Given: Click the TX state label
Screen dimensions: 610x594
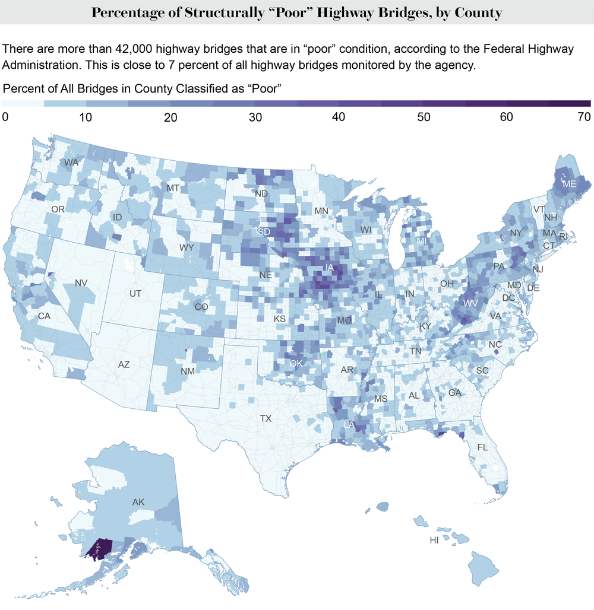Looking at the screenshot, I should point(266,418).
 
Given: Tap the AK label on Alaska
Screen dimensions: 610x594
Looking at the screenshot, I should point(138,502).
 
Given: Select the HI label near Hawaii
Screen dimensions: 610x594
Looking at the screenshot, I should point(435,541).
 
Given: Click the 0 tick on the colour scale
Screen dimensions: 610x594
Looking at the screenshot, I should point(5,117).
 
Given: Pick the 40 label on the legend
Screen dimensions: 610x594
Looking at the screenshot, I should point(339,117).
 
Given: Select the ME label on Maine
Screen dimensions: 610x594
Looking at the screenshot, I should point(569,185).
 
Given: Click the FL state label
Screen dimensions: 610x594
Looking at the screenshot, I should point(482,447).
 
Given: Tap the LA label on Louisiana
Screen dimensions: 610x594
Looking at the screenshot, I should point(350,424).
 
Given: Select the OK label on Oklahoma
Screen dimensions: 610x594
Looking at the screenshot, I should point(297,363).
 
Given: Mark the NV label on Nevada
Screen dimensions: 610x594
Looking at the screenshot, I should point(81,282).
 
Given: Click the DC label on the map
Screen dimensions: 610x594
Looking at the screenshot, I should point(509,297).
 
